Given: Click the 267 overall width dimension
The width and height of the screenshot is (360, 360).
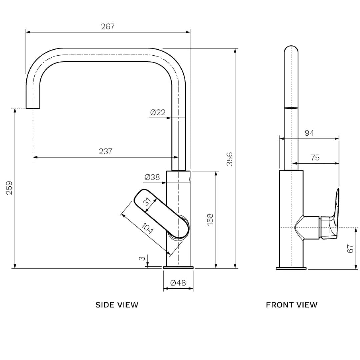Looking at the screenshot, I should pyautogui.click(x=108, y=27).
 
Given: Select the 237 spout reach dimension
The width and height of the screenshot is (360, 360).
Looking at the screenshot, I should pyautogui.click(x=106, y=151).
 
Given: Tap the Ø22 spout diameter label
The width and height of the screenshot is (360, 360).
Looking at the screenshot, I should pyautogui.click(x=158, y=112).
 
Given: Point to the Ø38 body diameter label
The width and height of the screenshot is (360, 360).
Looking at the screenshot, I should pyautogui.click(x=152, y=177).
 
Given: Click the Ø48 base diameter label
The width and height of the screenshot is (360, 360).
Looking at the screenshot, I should pyautogui.click(x=178, y=283).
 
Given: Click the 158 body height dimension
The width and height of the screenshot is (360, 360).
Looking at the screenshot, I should pyautogui.click(x=210, y=220).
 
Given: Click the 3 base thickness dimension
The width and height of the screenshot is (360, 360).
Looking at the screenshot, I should pyautogui.click(x=142, y=258).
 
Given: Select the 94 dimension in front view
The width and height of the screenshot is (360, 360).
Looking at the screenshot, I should pyautogui.click(x=309, y=133).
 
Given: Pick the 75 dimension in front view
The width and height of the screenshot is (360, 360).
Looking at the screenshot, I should pyautogui.click(x=315, y=158).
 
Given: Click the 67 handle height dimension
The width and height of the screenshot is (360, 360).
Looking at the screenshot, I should pyautogui.click(x=350, y=248).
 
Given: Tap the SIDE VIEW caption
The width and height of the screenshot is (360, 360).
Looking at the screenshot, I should pyautogui.click(x=117, y=305).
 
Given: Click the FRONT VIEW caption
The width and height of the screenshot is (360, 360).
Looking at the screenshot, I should pyautogui.click(x=292, y=305).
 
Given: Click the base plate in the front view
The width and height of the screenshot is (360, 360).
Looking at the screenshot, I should pyautogui.click(x=291, y=268).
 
